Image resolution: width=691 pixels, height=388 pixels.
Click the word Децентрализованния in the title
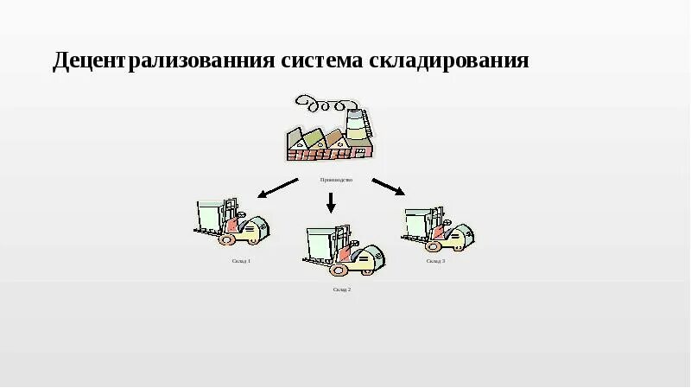coord(163,62)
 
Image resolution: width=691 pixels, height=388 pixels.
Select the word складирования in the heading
coord(449,62)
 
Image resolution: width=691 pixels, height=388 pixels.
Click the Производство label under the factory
coord(336,180)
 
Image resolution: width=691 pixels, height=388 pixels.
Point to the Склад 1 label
coord(241,260)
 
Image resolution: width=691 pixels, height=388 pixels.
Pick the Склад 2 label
coord(341,289)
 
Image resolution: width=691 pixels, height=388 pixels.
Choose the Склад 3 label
coord(435,260)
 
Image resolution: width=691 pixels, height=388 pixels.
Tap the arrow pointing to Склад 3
coord(388,186)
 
